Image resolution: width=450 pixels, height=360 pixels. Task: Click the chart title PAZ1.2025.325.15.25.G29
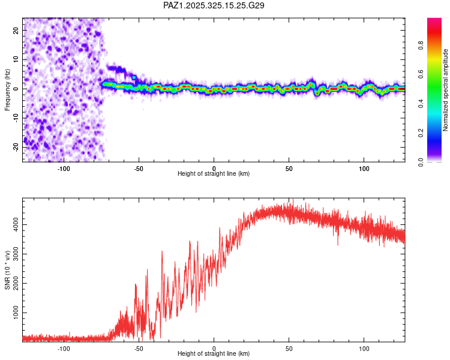(214, 5)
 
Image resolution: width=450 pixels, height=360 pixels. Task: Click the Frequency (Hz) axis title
(8, 89)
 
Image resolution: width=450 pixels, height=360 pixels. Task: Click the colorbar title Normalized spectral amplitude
(445, 91)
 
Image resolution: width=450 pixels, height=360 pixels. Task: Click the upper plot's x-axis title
(214, 174)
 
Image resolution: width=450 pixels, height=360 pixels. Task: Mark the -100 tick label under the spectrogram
(64, 167)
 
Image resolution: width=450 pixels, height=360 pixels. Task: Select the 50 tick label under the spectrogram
(289, 167)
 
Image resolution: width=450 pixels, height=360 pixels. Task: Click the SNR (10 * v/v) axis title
(8, 270)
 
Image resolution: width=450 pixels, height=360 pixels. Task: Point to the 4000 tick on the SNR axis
(16, 224)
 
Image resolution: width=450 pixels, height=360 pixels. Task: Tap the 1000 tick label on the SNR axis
(16, 313)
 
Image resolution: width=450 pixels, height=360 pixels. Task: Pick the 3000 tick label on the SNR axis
(16, 254)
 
